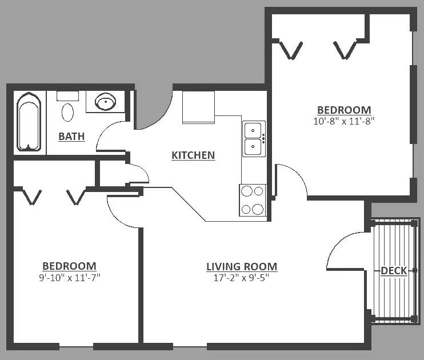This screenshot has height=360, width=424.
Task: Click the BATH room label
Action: (x=71, y=137)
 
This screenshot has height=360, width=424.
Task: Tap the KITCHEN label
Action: (x=193, y=155)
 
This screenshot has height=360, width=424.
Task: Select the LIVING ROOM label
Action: (x=242, y=267)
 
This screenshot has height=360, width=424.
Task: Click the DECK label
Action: (x=394, y=271)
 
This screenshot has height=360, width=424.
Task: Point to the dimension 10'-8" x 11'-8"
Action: (x=344, y=121)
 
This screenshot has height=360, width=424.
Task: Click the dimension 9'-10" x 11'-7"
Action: (x=70, y=278)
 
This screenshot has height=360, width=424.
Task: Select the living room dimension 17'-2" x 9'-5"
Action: (x=242, y=278)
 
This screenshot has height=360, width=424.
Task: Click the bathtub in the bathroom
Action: (x=29, y=122)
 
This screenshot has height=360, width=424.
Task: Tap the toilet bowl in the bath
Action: (x=67, y=112)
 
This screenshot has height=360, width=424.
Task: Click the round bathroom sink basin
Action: (x=106, y=102)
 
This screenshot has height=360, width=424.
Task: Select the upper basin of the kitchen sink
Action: (x=253, y=130)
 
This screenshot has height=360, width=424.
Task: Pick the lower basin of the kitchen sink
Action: (x=253, y=147)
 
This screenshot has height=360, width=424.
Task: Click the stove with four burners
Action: (x=253, y=201)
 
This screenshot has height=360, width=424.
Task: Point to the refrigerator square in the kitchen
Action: (x=198, y=107)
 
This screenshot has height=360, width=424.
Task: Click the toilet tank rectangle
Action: (x=67, y=96)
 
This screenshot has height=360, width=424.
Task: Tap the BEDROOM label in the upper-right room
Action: (x=344, y=110)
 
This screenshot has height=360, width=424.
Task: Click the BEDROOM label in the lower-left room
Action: (x=70, y=266)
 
